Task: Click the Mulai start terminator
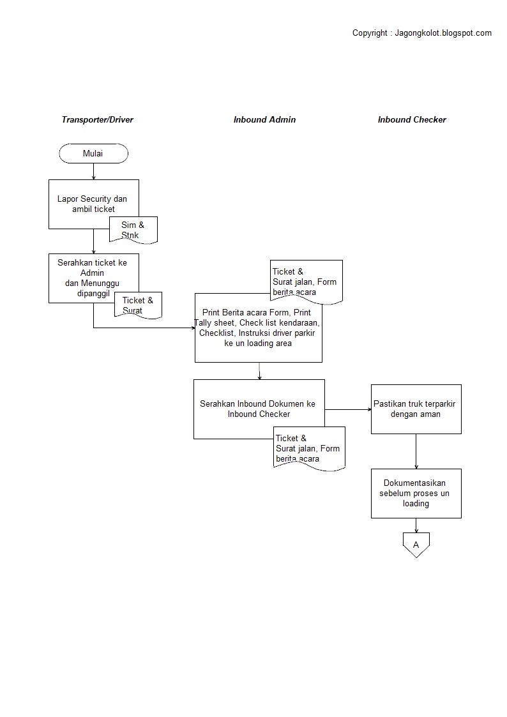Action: click(x=93, y=153)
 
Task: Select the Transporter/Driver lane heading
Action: click(x=97, y=119)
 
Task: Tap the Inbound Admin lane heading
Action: click(x=264, y=119)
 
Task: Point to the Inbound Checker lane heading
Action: click(x=412, y=119)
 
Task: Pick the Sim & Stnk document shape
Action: click(x=133, y=230)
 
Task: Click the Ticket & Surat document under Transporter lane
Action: click(x=138, y=305)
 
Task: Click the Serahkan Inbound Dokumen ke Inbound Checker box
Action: click(x=259, y=409)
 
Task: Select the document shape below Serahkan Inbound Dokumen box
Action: click(x=309, y=448)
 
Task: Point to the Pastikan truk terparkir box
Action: click(x=416, y=409)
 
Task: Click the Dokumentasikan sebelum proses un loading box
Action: click(x=416, y=494)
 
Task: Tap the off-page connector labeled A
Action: click(x=416, y=545)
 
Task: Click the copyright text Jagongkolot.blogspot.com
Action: click(x=421, y=33)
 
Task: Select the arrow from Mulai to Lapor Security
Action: click(x=94, y=171)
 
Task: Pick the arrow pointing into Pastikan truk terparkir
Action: click(x=348, y=409)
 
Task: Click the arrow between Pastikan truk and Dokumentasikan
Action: click(x=416, y=451)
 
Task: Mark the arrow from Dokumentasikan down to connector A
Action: click(x=416, y=525)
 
